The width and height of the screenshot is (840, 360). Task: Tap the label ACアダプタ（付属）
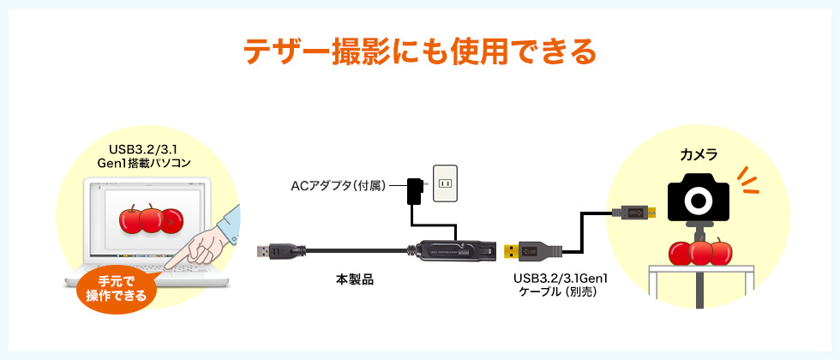click(x=339, y=184)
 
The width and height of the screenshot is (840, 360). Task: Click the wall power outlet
click(x=446, y=183)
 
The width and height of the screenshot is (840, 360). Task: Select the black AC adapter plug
click(x=415, y=189)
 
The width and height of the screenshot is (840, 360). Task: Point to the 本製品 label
click(x=355, y=279)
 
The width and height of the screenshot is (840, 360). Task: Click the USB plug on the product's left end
click(x=271, y=251)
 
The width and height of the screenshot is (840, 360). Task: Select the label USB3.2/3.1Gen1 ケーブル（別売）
click(x=559, y=285)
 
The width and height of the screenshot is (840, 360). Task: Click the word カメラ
click(x=699, y=156)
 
